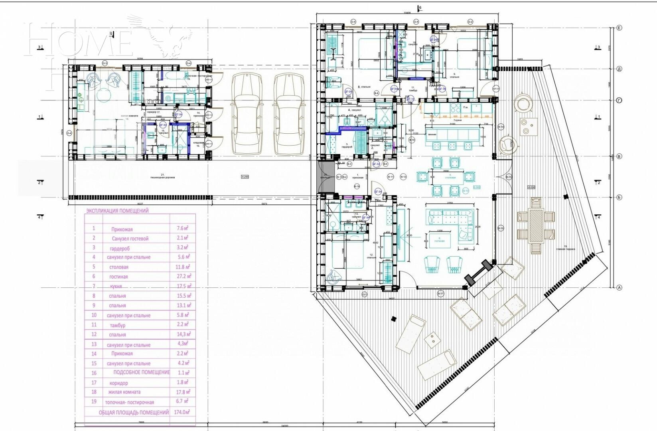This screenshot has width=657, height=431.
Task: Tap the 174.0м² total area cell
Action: coord(183,412)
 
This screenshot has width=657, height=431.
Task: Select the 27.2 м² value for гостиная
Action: coord(183,276)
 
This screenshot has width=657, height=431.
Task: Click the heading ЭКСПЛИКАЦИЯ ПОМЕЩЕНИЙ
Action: coord(117,211)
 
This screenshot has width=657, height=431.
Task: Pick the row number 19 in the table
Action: coord(94,402)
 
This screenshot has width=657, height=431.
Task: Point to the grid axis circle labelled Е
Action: coord(619,28)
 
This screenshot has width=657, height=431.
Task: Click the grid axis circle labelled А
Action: coord(619,287)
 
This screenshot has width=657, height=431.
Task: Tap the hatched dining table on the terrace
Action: coord(536,226)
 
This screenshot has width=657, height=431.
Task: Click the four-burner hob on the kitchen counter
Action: coord(455,108)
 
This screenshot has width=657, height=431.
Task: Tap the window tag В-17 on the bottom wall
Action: coord(440,294)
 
